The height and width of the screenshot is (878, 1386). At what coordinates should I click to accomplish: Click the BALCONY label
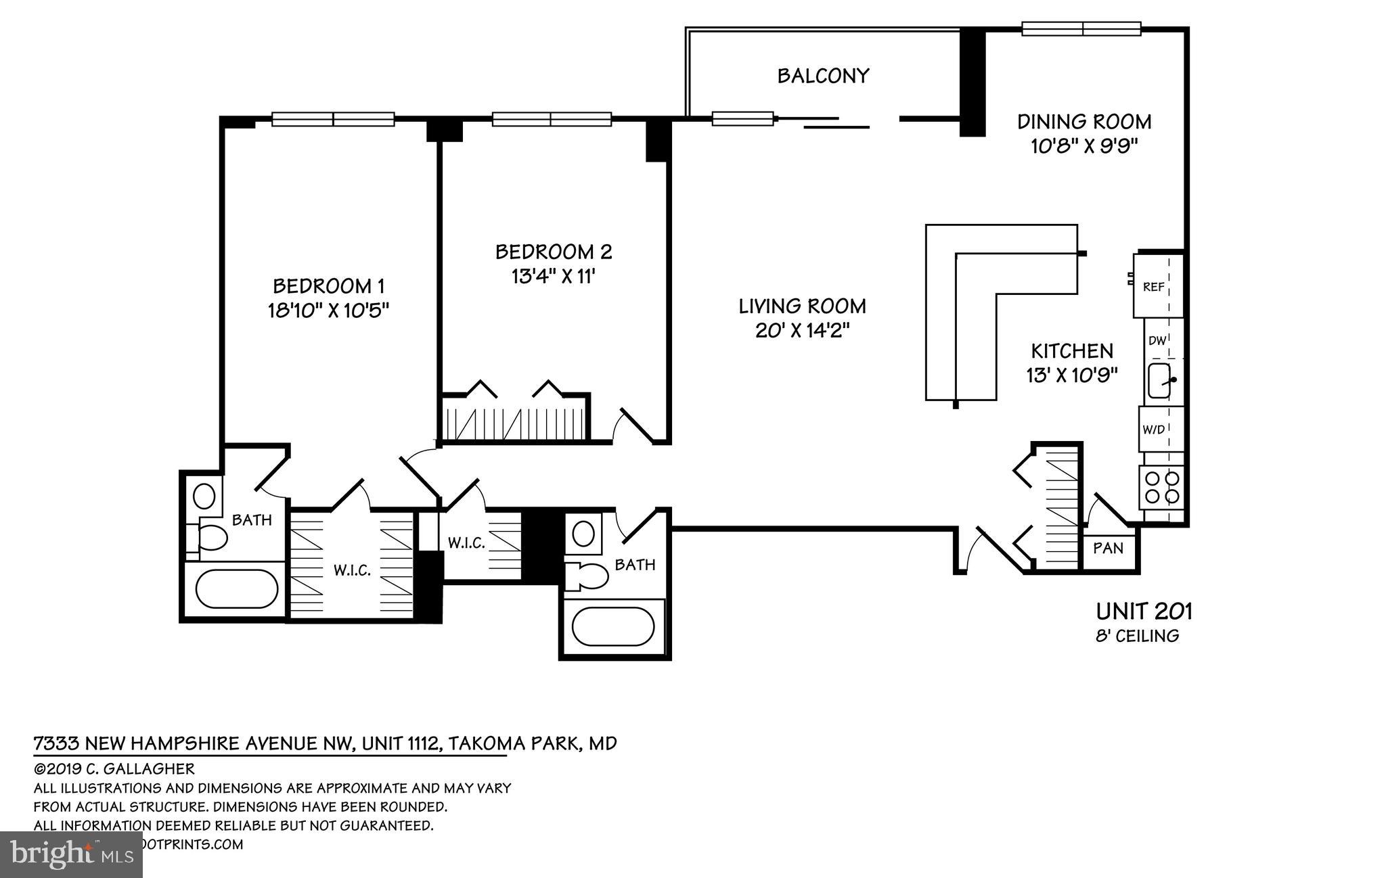tap(822, 76)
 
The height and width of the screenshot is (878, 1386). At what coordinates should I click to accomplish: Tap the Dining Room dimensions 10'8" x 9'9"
tap(1084, 147)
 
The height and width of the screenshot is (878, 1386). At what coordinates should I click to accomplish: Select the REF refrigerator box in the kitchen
tap(1153, 287)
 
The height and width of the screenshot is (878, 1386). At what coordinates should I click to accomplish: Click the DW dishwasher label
tap(1157, 341)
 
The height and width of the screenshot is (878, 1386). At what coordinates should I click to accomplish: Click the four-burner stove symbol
tap(1161, 488)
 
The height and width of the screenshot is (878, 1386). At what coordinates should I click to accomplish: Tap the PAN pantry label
tap(1108, 548)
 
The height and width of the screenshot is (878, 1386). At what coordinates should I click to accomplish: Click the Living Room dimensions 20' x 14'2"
tap(802, 331)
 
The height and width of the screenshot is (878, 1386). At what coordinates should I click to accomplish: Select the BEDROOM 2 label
tap(554, 252)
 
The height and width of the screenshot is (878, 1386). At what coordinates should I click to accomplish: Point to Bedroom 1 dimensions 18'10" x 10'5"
tap(329, 310)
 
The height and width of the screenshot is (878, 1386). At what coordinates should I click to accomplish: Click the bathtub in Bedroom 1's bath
tap(236, 588)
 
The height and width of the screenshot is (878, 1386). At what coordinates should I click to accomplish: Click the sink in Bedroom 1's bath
tap(204, 496)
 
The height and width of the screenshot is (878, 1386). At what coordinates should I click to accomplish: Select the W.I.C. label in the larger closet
tap(352, 570)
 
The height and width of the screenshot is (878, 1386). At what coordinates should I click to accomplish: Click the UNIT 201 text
tap(1144, 611)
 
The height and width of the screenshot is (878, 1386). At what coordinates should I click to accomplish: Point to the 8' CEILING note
tap(1137, 636)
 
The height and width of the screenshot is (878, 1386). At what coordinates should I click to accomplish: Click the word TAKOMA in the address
tap(481, 743)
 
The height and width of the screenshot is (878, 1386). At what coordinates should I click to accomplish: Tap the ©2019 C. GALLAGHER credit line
tap(114, 769)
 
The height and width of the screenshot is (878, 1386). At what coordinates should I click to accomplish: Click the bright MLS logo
tap(71, 854)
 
